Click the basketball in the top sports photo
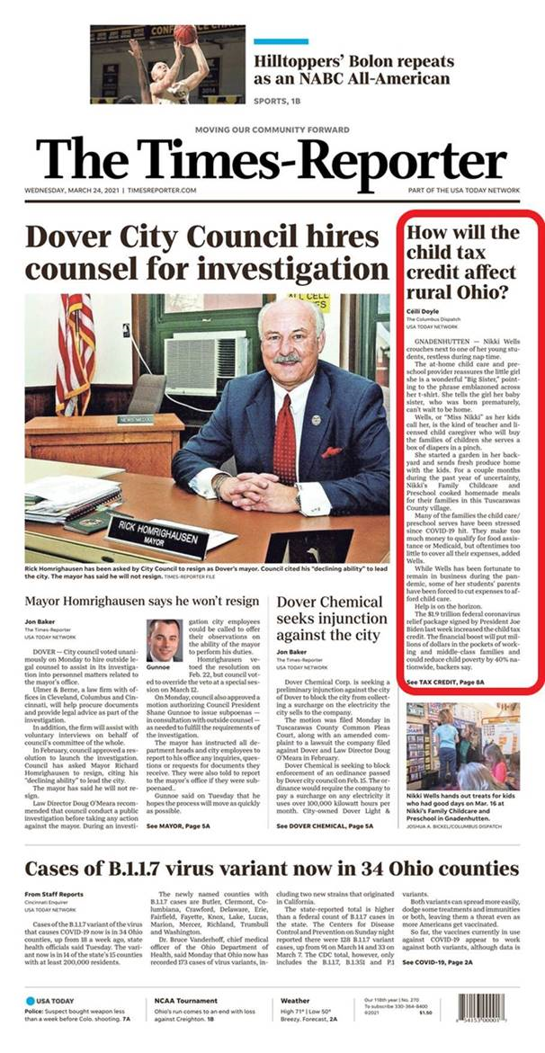[x=186, y=34]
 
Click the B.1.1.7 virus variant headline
[x=272, y=870]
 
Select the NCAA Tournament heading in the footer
[x=180, y=999]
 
